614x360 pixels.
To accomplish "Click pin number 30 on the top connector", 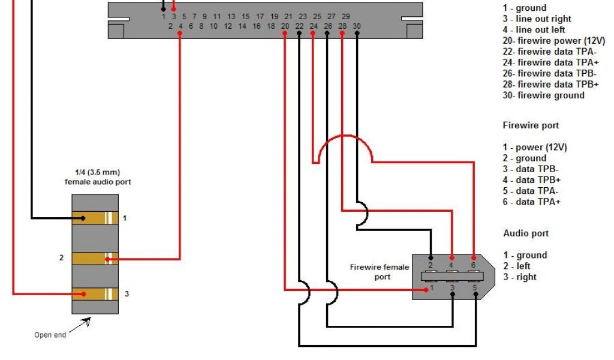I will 357,26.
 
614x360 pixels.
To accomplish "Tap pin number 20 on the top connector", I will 285,26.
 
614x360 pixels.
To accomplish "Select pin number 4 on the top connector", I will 180,26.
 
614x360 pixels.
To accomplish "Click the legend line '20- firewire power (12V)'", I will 553,41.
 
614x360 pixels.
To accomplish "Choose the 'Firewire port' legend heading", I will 531,126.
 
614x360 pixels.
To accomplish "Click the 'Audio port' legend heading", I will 525,233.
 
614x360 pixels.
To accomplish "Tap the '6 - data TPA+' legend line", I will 532,202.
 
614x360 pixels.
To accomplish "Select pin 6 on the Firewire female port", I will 474,265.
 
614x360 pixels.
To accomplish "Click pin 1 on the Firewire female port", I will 431,289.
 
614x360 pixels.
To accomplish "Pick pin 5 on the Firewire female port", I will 474,289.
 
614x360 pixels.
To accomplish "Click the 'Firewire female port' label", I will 380,272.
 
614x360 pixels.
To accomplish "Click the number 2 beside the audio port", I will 61,258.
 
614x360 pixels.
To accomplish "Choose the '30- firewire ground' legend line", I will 543,95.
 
